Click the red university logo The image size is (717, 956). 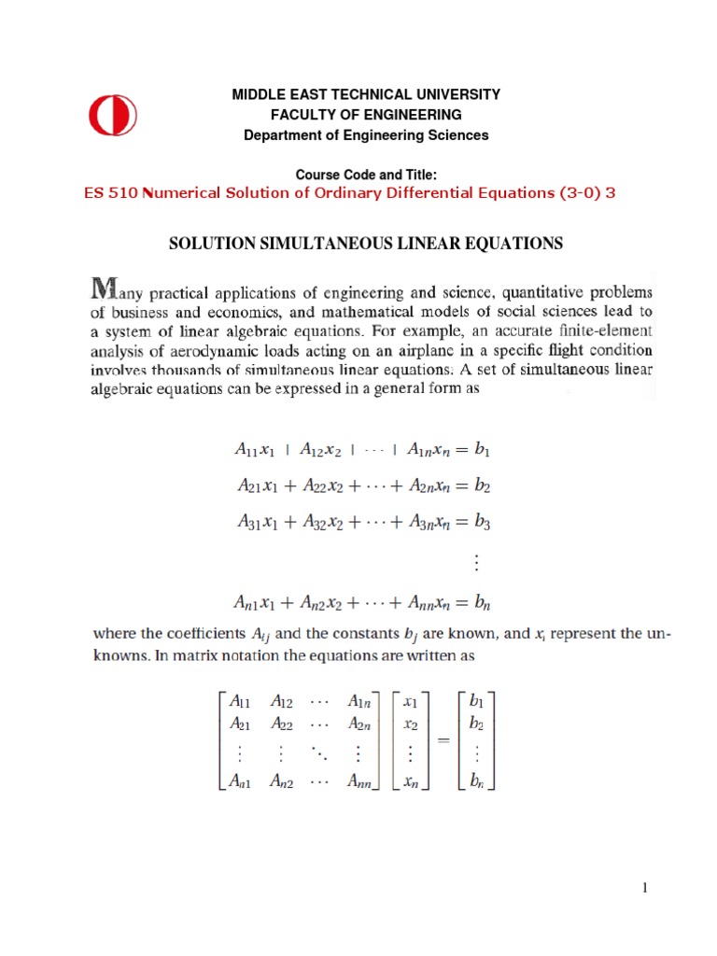coord(112,115)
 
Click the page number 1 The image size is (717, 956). coord(644,888)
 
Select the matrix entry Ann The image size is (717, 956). coord(358,782)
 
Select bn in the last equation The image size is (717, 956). coord(483,602)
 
